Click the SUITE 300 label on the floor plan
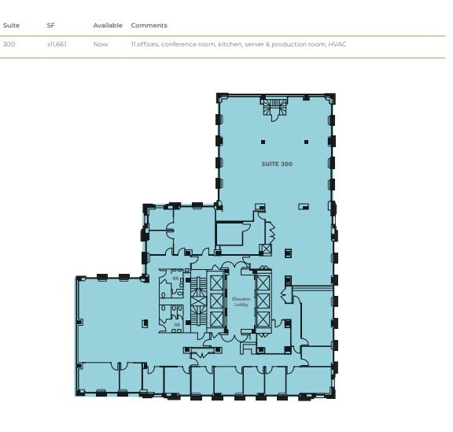277,164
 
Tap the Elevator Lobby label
241,301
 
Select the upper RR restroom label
176,278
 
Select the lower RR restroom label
177,323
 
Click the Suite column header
10,26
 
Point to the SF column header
51,26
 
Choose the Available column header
108,26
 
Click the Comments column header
149,26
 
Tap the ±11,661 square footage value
57,44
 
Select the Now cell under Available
100,44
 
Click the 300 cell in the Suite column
9,44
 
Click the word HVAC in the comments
337,44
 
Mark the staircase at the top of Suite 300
276,109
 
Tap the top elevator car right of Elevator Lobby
263,281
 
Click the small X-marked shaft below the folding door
266,250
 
